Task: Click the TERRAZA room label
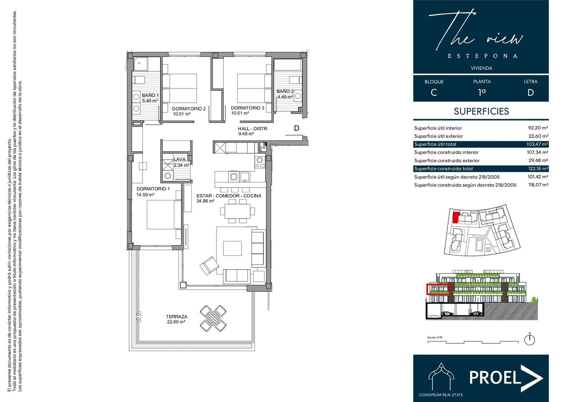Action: pyautogui.click(x=176, y=317)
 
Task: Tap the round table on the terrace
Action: pyautogui.click(x=213, y=318)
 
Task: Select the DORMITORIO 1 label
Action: pyautogui.click(x=153, y=189)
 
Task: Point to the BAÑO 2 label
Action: pyautogui.click(x=285, y=91)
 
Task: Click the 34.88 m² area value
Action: pyautogui.click(x=206, y=201)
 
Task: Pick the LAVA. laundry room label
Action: pyautogui.click(x=180, y=160)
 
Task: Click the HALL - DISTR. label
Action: pyautogui.click(x=253, y=129)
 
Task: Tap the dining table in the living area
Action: pyautogui.click(x=237, y=211)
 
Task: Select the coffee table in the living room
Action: pyautogui.click(x=232, y=248)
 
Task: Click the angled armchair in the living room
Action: pyautogui.click(x=209, y=266)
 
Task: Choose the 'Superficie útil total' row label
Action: pyautogui.click(x=435, y=144)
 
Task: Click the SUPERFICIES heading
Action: pyautogui.click(x=482, y=111)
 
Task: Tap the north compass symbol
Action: pyautogui.click(x=530, y=339)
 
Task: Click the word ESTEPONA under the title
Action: pyautogui.click(x=482, y=56)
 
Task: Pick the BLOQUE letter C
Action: pyautogui.click(x=434, y=92)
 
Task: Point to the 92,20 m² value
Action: pyautogui.click(x=538, y=128)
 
